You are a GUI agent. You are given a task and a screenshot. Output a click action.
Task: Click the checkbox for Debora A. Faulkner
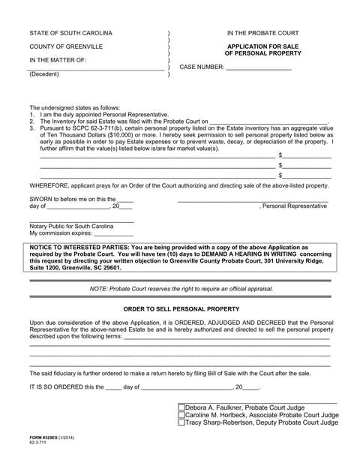(181, 408)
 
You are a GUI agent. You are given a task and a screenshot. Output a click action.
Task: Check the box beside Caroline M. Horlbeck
(181, 415)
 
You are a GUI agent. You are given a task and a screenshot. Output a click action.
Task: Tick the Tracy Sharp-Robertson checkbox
(181, 422)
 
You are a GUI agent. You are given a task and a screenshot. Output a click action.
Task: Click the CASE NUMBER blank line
(258, 67)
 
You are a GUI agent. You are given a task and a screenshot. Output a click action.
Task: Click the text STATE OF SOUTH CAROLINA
(71, 34)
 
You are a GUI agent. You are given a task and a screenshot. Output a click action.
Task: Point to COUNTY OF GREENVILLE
(67, 47)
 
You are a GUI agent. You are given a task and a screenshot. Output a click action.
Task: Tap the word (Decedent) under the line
(46, 75)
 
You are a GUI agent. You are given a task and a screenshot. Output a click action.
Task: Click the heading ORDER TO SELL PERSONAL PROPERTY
(181, 308)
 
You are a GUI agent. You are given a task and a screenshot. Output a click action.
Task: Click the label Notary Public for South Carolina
(72, 226)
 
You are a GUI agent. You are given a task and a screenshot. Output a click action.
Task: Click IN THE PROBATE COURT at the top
(262, 34)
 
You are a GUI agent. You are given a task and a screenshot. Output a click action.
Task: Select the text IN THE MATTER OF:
(58, 59)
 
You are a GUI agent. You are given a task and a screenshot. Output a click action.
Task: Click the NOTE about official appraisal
(181, 289)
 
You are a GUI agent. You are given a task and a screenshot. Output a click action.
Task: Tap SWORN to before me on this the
(72, 198)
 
